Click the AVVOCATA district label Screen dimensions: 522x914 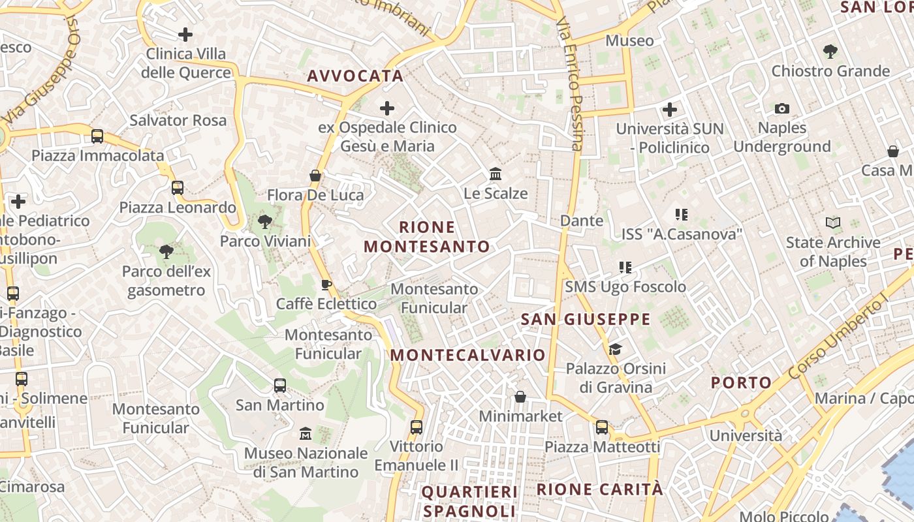click(355, 76)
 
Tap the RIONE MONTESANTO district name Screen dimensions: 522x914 click(427, 237)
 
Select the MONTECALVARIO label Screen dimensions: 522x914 click(467, 355)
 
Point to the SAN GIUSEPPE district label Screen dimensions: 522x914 click(586, 319)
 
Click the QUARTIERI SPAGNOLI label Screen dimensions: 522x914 click(469, 501)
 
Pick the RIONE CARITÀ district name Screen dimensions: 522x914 click(599, 489)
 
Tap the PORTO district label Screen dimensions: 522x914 click(741, 382)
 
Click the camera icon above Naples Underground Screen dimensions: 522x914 click(781, 108)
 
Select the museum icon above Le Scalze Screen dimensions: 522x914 click(496, 174)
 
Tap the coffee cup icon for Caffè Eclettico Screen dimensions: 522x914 click(326, 284)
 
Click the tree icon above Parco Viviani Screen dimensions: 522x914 click(264, 222)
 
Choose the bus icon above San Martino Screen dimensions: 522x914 click(280, 386)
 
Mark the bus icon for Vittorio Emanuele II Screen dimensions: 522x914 click(416, 427)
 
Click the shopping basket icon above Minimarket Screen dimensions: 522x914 click(520, 397)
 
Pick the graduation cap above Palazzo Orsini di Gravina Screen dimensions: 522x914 click(616, 349)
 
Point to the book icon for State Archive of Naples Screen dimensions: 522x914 click(832, 223)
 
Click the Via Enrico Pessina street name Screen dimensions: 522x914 click(569, 85)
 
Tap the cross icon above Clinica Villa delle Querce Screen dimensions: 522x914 click(185, 34)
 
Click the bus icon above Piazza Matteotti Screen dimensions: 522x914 click(602, 427)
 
